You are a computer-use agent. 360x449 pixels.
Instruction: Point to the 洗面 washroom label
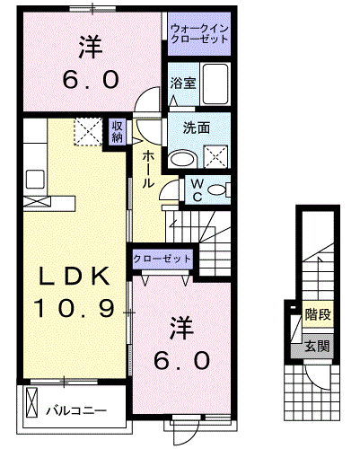[x=198, y=128]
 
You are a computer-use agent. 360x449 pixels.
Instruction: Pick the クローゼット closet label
[x=162, y=258]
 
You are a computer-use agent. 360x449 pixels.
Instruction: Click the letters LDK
[x=74, y=277]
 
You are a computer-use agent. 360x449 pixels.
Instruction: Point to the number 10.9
[x=74, y=310]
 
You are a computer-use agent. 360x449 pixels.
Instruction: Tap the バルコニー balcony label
[x=76, y=411]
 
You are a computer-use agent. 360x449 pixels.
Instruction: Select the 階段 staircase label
[x=316, y=315]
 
